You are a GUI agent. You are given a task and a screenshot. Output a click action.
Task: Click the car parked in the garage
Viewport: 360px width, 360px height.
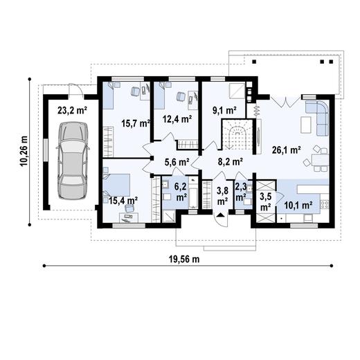(72, 161)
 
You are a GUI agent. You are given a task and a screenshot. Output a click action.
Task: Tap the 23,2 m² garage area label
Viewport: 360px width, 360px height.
(72, 111)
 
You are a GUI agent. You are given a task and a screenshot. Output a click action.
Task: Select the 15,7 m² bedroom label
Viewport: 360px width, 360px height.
(136, 123)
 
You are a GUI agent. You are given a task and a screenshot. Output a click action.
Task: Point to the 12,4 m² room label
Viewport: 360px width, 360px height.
(177, 119)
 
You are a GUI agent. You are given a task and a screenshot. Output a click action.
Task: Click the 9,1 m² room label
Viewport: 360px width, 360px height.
(224, 111)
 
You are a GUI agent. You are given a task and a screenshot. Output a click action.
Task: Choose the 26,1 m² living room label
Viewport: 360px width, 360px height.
(286, 150)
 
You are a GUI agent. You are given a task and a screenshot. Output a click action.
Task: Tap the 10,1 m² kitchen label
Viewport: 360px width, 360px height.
(298, 205)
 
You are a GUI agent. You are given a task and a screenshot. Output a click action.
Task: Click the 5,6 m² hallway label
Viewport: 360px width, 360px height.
(177, 162)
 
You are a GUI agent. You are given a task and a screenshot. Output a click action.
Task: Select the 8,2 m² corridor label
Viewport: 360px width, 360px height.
(230, 162)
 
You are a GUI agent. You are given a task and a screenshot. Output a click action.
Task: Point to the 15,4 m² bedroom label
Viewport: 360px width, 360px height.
(123, 200)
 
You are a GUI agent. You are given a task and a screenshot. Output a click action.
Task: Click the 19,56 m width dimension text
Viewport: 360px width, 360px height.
(184, 260)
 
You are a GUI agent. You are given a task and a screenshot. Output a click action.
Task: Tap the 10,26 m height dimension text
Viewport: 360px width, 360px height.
(24, 151)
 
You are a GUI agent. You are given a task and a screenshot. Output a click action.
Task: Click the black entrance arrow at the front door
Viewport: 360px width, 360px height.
(221, 215)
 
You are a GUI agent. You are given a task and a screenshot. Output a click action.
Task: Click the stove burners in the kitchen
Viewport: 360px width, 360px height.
(325, 204)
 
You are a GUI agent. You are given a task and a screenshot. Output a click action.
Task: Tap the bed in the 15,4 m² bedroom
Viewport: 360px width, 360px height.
(116, 186)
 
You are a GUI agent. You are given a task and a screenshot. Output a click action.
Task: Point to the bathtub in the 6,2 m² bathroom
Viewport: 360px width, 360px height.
(193, 192)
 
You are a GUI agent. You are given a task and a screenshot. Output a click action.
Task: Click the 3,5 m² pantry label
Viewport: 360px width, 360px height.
(265, 202)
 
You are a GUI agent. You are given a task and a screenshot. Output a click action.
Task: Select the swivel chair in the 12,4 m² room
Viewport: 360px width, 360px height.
(181, 96)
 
